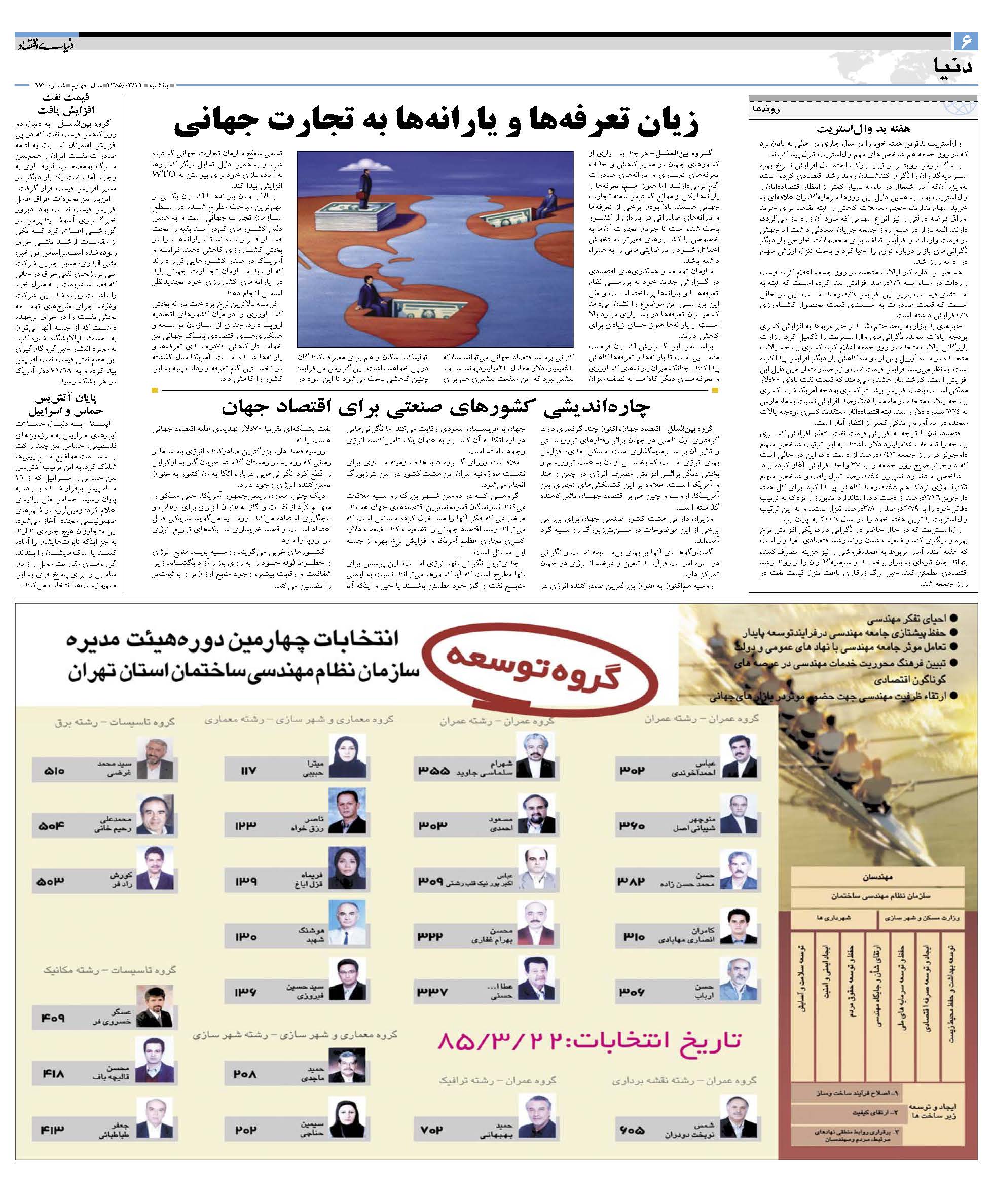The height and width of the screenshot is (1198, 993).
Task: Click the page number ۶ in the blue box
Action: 966,41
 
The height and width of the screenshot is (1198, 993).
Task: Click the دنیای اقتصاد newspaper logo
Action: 45,44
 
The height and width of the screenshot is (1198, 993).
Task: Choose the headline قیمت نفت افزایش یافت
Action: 66,104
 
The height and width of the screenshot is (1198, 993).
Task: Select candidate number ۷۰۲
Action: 433,1129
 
